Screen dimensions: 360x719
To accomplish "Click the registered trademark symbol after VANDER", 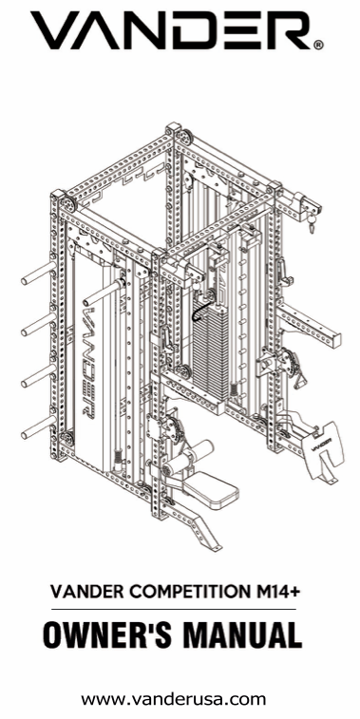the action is click(x=319, y=45).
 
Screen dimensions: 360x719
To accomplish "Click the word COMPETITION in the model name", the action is click(x=188, y=592).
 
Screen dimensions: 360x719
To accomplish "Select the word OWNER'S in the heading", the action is click(x=106, y=634).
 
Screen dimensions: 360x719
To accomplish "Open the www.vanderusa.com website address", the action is click(x=173, y=699).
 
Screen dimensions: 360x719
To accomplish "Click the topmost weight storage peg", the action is click(x=39, y=274).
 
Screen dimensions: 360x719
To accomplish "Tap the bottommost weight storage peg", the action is click(x=39, y=427).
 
